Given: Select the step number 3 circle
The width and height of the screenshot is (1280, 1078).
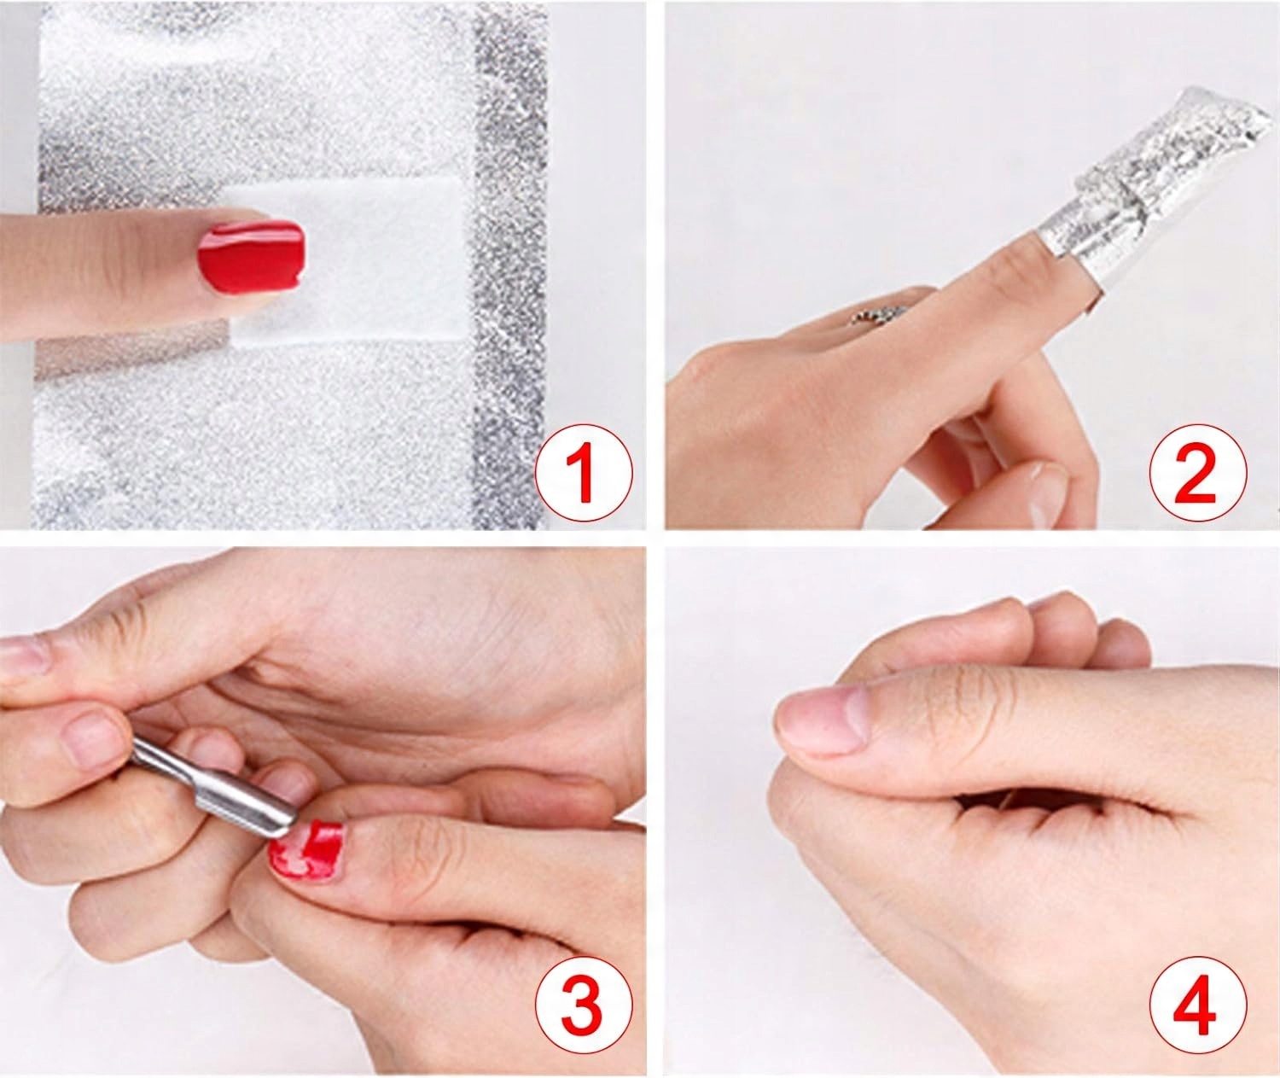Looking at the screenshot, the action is (x=583, y=1005).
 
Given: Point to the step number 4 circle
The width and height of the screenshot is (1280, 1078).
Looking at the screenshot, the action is (x=1197, y=1005).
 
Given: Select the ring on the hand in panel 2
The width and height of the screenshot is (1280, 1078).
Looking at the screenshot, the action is (x=870, y=316).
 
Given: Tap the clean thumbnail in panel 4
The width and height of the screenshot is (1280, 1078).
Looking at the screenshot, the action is (x=822, y=719).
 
